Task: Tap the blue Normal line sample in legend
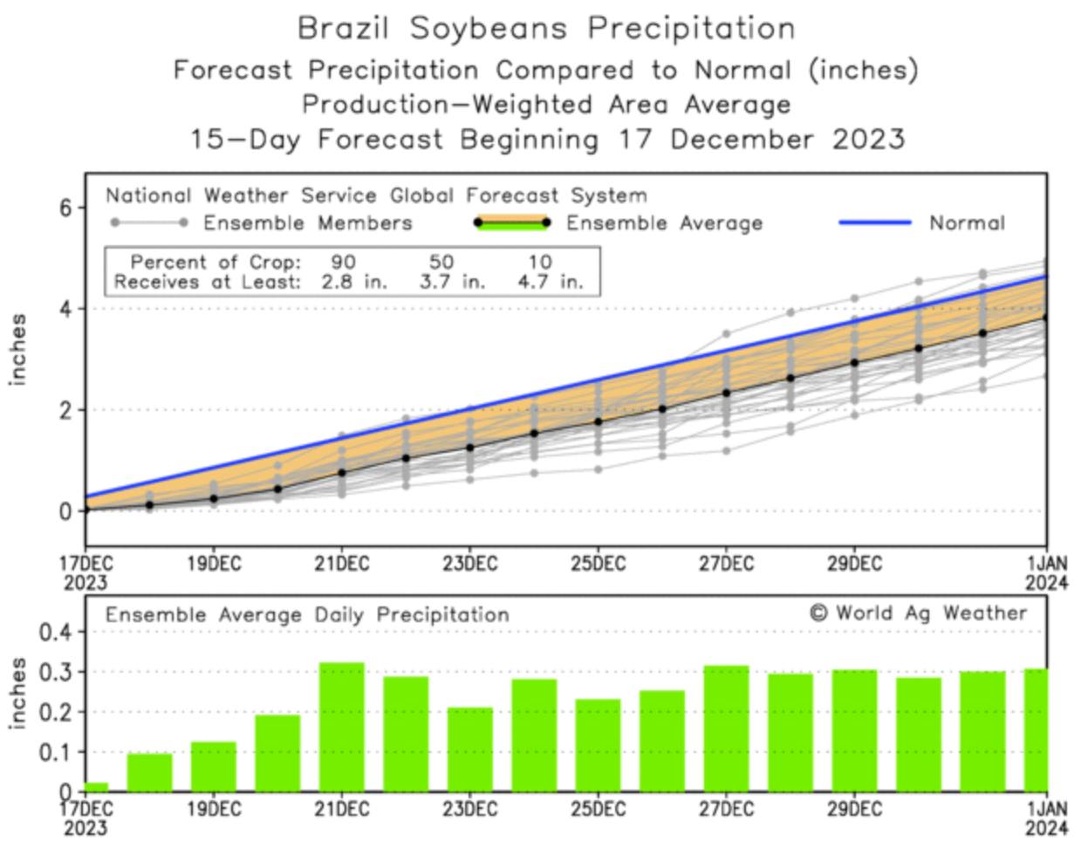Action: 874,223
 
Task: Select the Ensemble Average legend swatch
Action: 512,223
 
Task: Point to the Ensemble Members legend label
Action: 307,223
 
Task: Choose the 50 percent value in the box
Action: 441,262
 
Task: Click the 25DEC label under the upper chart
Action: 598,564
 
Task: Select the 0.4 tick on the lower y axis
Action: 53,632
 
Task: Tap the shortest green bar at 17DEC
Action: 96,787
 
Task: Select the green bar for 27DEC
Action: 726,729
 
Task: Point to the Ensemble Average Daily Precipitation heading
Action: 307,614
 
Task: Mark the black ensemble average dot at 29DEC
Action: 854,362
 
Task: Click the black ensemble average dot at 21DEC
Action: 342,472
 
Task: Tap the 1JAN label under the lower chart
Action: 1045,809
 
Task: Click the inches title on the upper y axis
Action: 17,349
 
